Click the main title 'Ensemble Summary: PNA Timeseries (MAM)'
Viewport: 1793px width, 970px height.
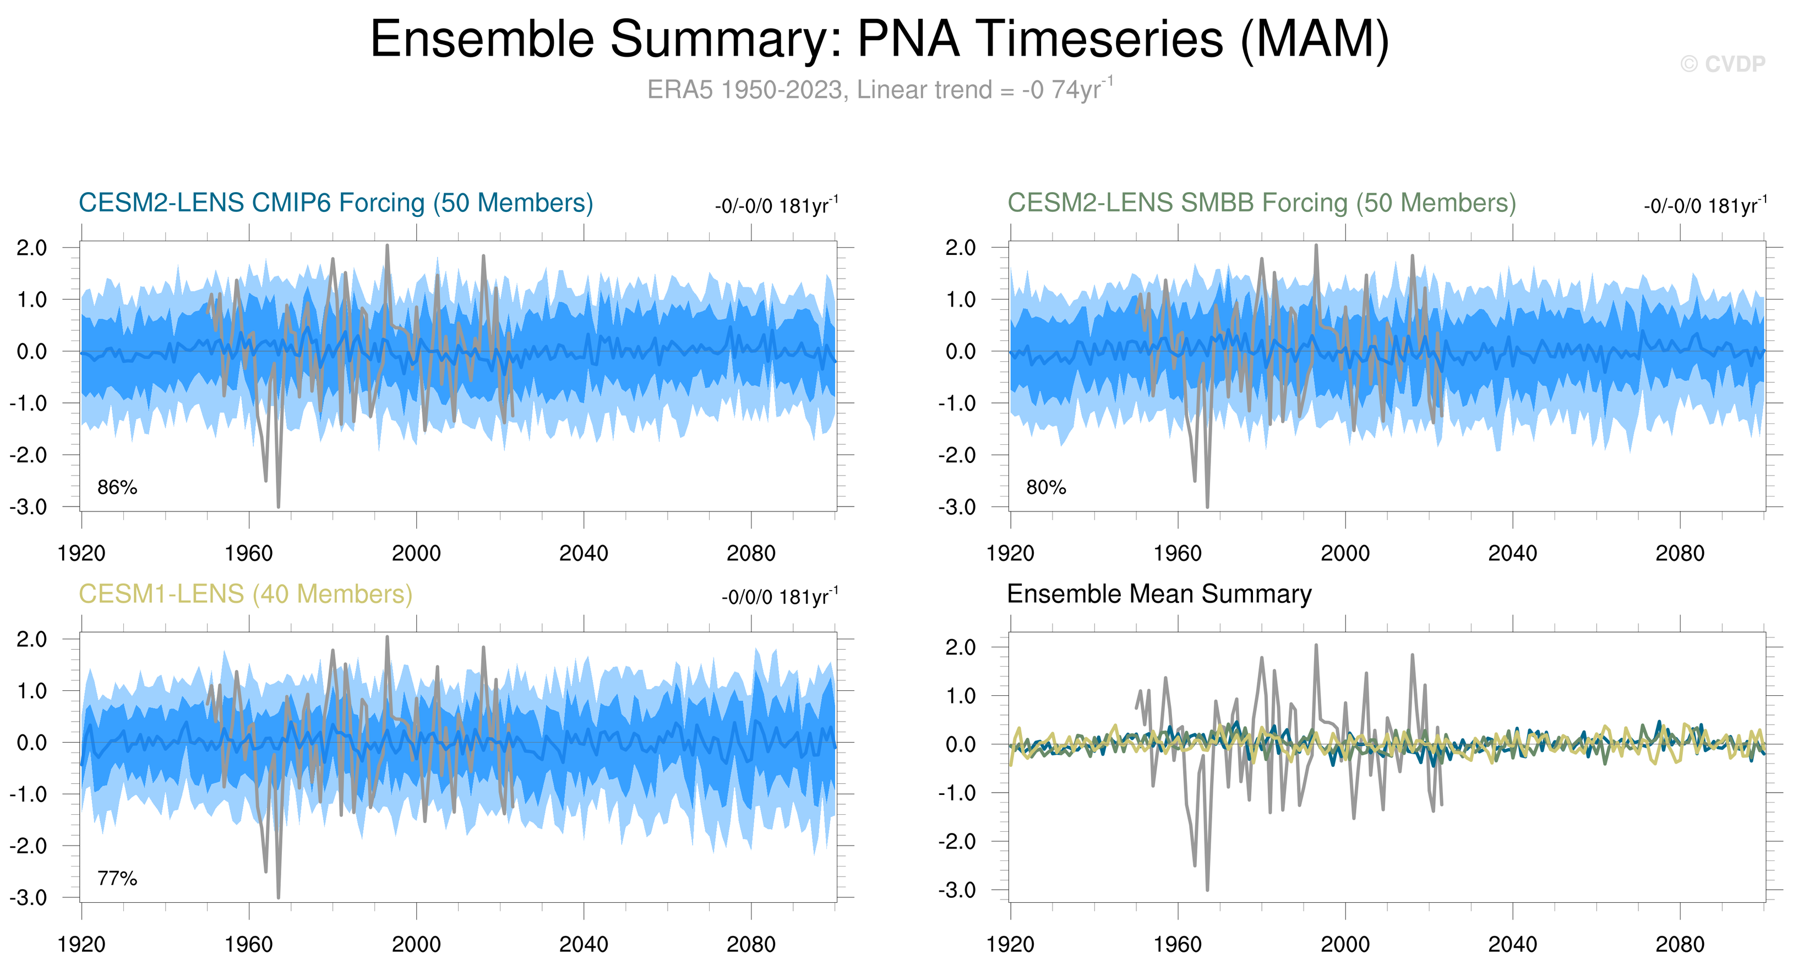coord(880,39)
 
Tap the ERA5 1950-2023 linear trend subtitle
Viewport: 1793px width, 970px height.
coord(880,90)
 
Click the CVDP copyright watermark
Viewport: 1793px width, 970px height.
coord(1722,64)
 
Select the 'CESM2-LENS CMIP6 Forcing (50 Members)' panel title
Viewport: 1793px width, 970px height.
coord(335,203)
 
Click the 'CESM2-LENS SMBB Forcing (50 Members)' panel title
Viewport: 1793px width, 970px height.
coord(1261,203)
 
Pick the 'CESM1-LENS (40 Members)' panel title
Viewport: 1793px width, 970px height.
coord(245,593)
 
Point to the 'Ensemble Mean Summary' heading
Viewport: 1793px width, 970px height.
coord(1159,593)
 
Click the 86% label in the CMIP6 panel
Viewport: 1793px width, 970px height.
coord(117,487)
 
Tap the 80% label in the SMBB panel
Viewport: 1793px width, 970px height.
coord(1045,487)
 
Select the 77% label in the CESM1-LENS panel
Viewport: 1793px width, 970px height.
coord(117,878)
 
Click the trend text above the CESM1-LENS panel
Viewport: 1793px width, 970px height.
coord(780,596)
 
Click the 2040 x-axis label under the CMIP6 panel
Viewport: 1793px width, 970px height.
coord(584,553)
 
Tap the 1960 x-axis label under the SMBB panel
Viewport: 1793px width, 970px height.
coord(1177,553)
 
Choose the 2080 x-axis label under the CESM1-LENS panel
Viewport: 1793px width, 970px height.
coord(750,944)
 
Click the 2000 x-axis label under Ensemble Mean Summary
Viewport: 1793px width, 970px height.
coord(1345,944)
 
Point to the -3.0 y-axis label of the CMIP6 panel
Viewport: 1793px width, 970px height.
coord(29,506)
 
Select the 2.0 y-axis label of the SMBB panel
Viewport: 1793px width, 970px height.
coord(961,248)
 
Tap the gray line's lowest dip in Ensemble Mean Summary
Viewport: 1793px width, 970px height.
coord(1207,889)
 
